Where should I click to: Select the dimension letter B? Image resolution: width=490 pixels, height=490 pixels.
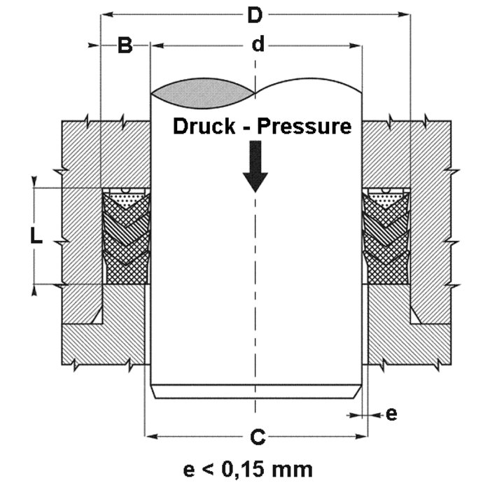point(125,46)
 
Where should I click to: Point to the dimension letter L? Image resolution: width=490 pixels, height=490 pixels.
point(36,237)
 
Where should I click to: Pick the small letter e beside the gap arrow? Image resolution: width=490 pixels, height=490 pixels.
point(392,414)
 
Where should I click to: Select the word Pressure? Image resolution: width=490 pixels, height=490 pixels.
point(305,127)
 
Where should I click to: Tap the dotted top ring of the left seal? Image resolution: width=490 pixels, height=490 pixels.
point(126,199)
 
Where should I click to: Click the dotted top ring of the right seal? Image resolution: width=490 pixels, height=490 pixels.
point(386,199)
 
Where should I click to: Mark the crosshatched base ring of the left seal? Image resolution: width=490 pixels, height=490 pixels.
point(126,273)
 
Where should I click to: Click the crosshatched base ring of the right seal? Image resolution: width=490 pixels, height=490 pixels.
point(386,273)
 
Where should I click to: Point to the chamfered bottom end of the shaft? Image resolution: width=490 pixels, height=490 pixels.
point(256,391)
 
